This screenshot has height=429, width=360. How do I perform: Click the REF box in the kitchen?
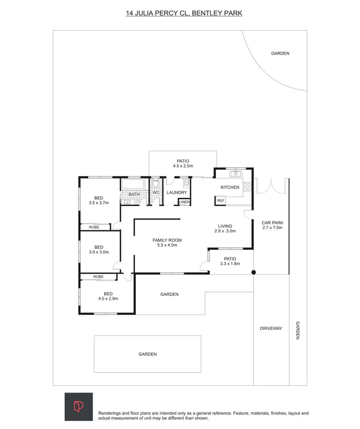tap(221, 201)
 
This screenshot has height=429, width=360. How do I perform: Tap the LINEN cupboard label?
tap(184, 202)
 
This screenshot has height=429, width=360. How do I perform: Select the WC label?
tap(156, 193)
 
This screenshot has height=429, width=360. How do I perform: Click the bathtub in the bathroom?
tap(133, 184)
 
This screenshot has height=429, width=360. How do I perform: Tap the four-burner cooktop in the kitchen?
tap(248, 186)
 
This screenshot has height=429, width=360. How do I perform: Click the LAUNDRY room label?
tap(177, 193)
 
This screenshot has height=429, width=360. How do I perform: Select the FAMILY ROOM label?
tap(167, 240)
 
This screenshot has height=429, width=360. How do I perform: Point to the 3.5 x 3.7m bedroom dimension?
tap(99, 203)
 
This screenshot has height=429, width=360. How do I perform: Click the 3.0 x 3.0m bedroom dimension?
tap(99, 252)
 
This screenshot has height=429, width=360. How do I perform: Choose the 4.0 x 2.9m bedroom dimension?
tap(108, 299)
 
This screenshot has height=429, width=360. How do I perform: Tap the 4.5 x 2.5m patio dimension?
tap(183, 166)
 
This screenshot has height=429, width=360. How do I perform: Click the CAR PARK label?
tap(272, 223)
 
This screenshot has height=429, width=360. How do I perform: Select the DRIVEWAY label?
tap(271, 329)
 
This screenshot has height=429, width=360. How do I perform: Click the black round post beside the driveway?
tap(254, 272)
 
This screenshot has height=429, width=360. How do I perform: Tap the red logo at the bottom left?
tap(79, 406)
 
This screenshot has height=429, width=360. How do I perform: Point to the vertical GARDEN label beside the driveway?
tap(298, 331)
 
